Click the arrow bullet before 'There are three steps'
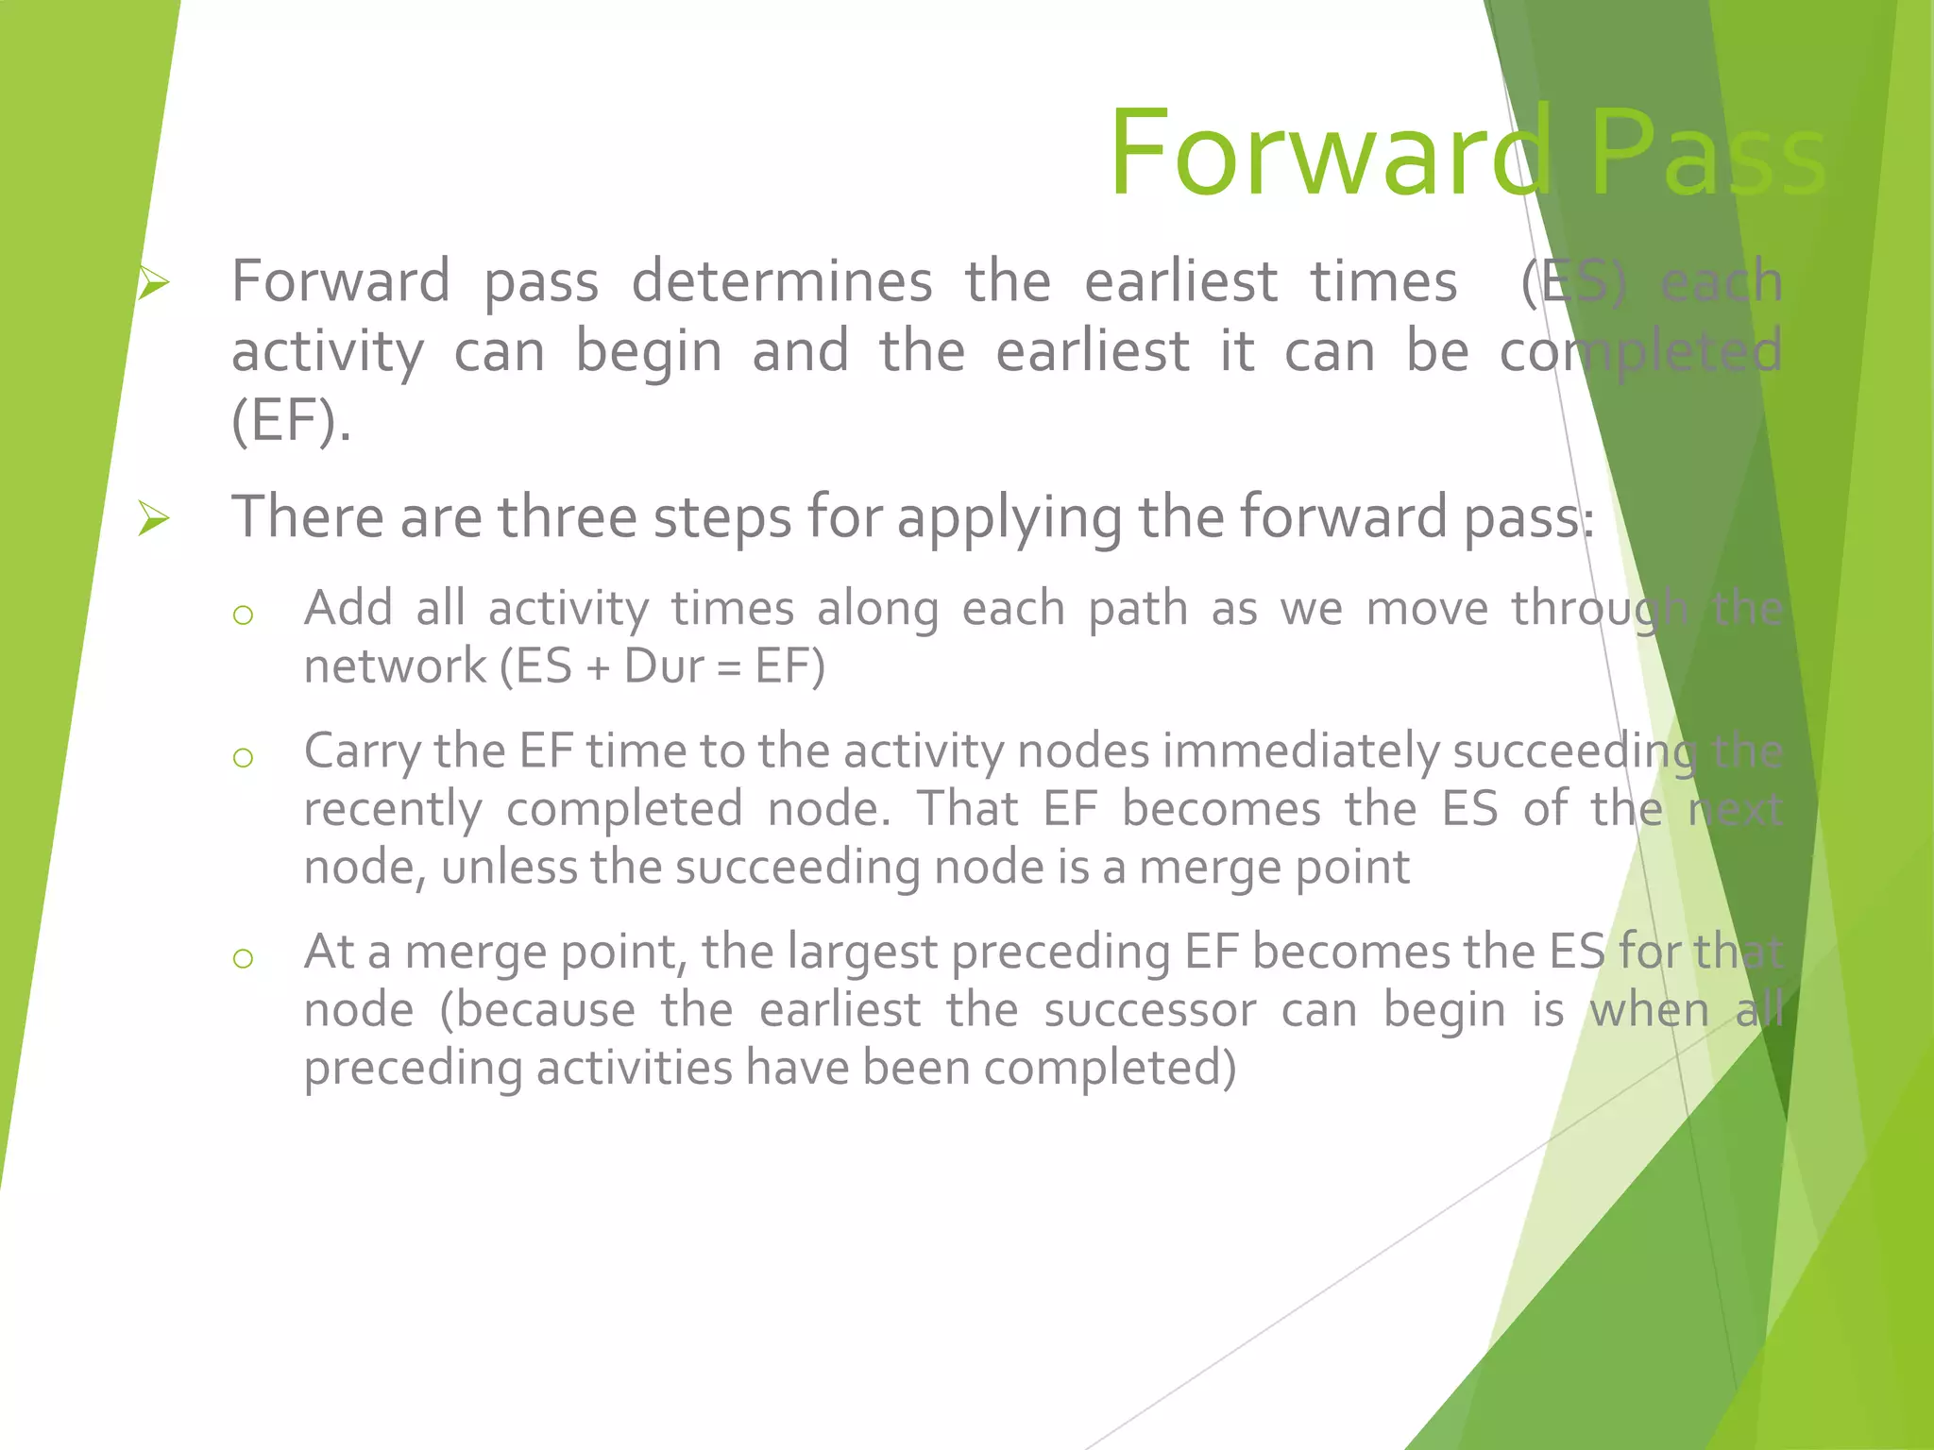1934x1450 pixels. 153,518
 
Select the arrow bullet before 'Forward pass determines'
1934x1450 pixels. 153,282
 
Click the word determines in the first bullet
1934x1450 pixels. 782,282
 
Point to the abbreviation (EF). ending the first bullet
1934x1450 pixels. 291,421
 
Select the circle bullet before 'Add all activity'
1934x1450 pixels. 243,615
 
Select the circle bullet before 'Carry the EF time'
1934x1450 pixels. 243,757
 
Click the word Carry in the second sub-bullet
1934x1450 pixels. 363,752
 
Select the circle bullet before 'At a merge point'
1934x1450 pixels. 243,958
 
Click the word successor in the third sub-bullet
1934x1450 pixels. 1149,1011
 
